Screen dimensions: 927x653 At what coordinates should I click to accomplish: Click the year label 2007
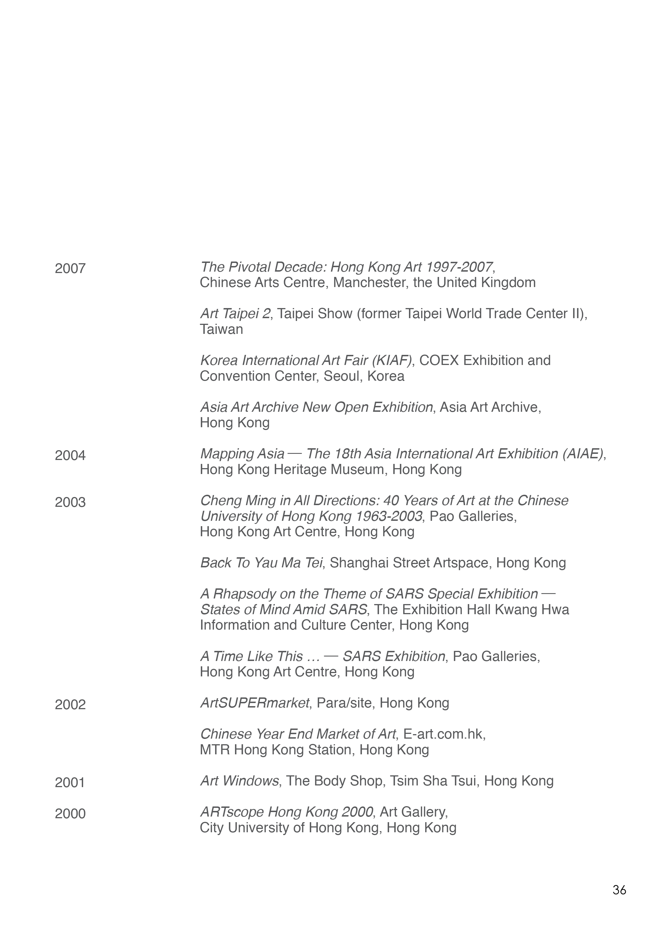tap(70, 269)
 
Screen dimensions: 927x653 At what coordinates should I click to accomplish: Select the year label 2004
tap(70, 456)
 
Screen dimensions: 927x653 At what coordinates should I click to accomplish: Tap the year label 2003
tap(70, 502)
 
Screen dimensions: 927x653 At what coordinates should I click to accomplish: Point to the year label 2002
tap(70, 704)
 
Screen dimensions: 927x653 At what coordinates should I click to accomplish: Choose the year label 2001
tap(70, 782)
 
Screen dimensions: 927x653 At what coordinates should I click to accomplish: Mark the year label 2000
tap(70, 813)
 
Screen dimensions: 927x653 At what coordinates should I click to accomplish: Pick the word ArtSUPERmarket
tap(255, 703)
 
